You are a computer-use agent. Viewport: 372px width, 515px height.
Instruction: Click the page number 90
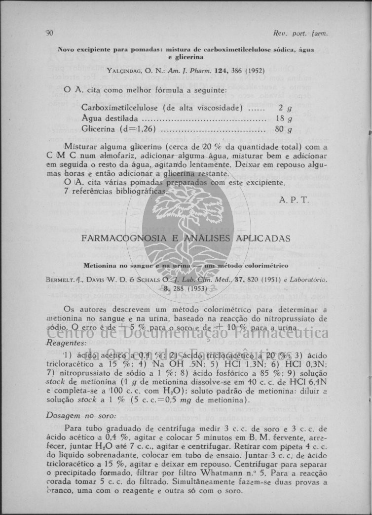point(49,34)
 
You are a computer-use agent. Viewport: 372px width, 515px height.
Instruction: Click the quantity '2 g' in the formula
point(283,108)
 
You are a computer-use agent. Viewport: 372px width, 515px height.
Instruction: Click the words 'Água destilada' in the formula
point(110,119)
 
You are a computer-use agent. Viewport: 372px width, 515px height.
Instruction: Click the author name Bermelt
point(61,279)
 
